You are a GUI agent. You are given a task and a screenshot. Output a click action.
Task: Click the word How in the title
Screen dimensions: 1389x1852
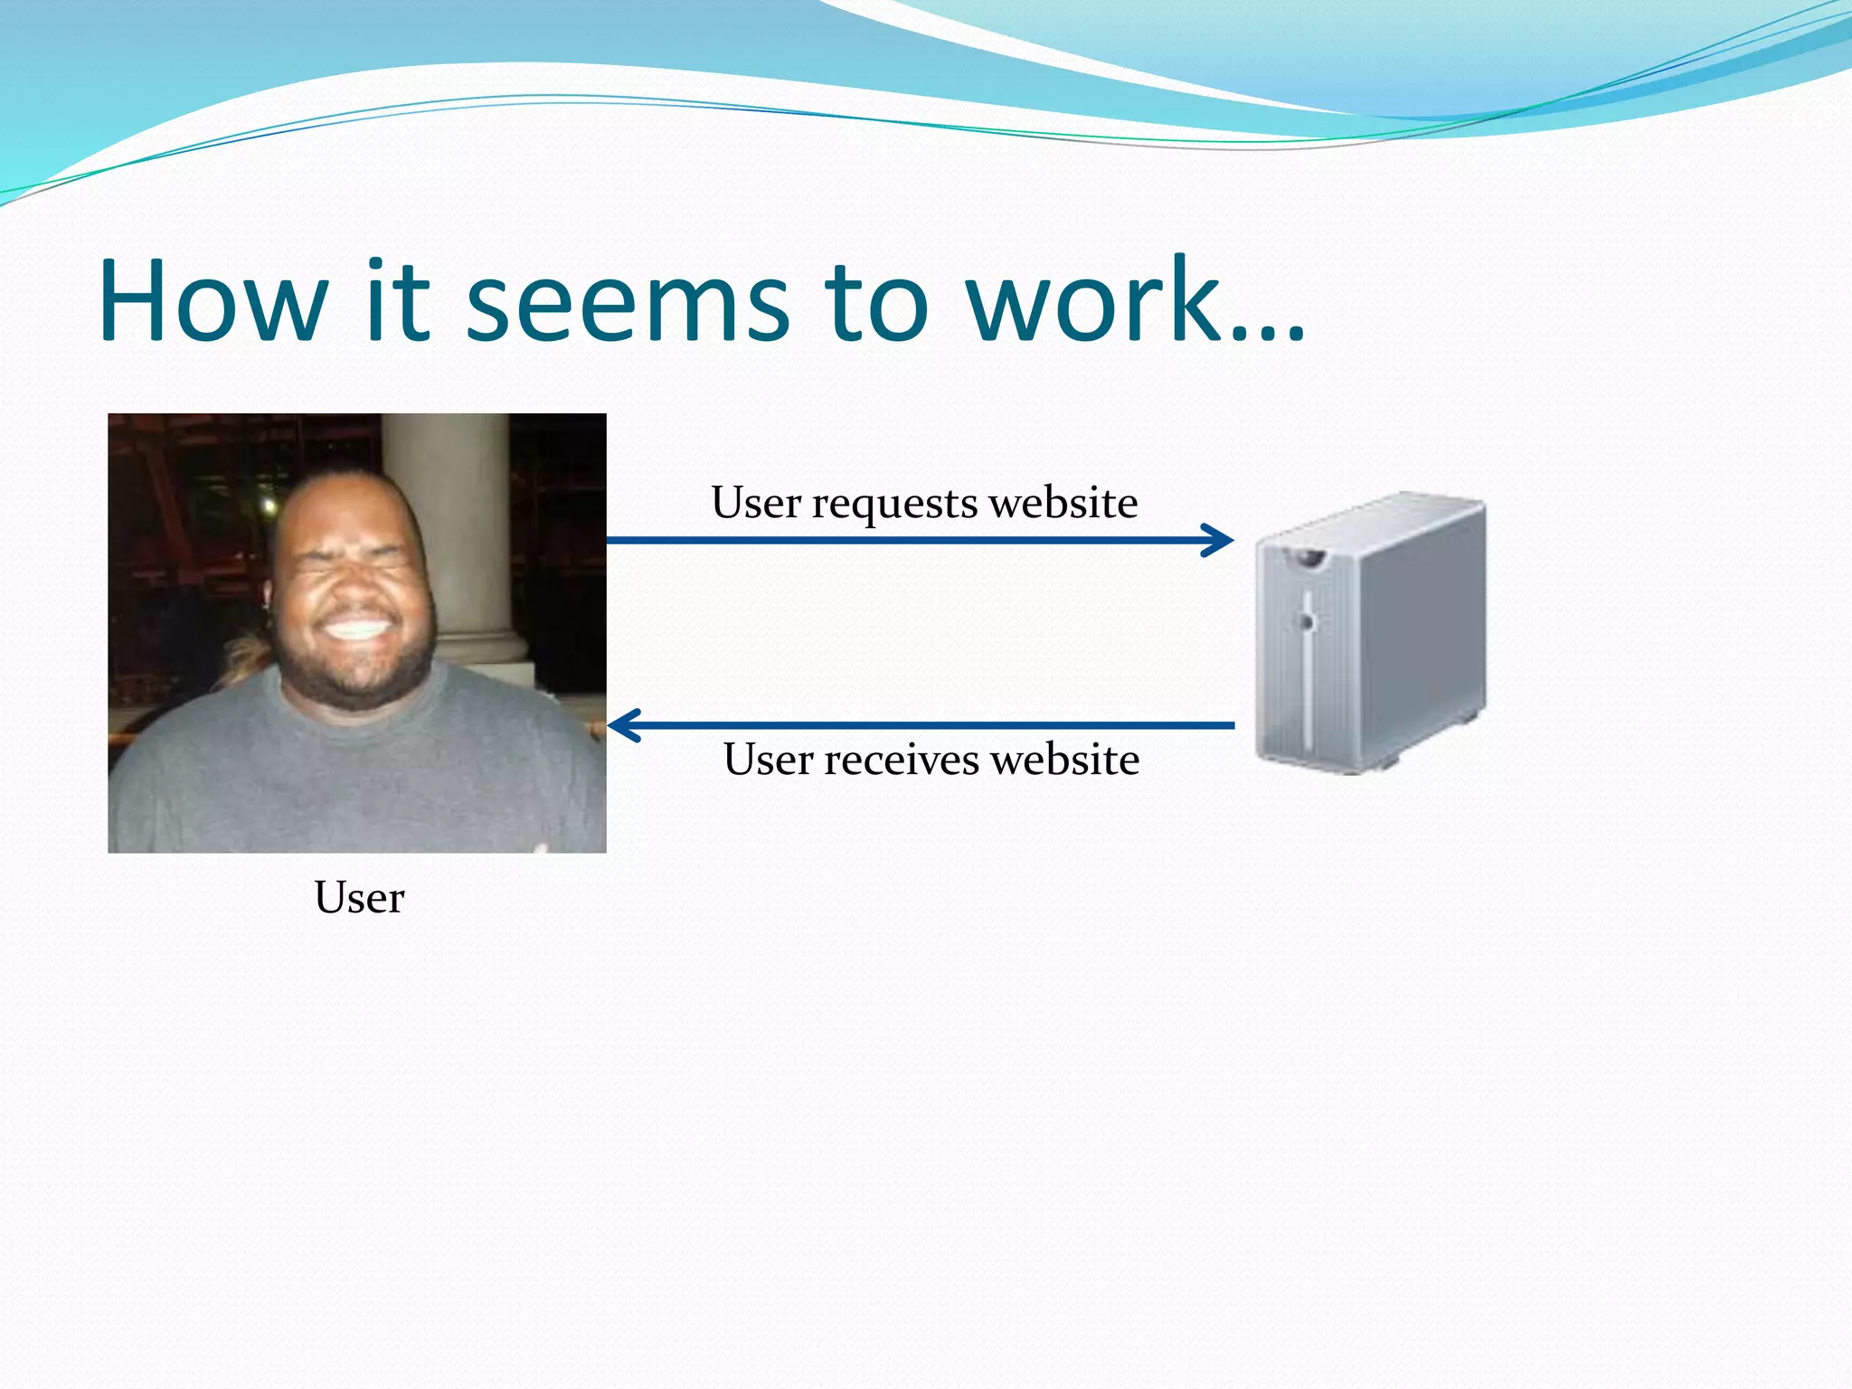tap(213, 300)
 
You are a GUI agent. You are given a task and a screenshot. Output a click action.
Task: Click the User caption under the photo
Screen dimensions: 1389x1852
tap(359, 898)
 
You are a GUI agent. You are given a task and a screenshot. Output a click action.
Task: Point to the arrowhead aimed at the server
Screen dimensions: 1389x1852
tap(1221, 541)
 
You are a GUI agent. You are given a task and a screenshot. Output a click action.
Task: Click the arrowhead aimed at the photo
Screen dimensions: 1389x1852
tap(622, 725)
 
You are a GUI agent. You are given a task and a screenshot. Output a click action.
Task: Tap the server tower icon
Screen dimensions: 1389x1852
tap(1370, 633)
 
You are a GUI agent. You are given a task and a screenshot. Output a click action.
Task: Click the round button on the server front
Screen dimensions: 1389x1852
tap(1306, 621)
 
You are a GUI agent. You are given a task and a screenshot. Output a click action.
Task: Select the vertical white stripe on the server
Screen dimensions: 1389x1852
tap(1308, 687)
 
